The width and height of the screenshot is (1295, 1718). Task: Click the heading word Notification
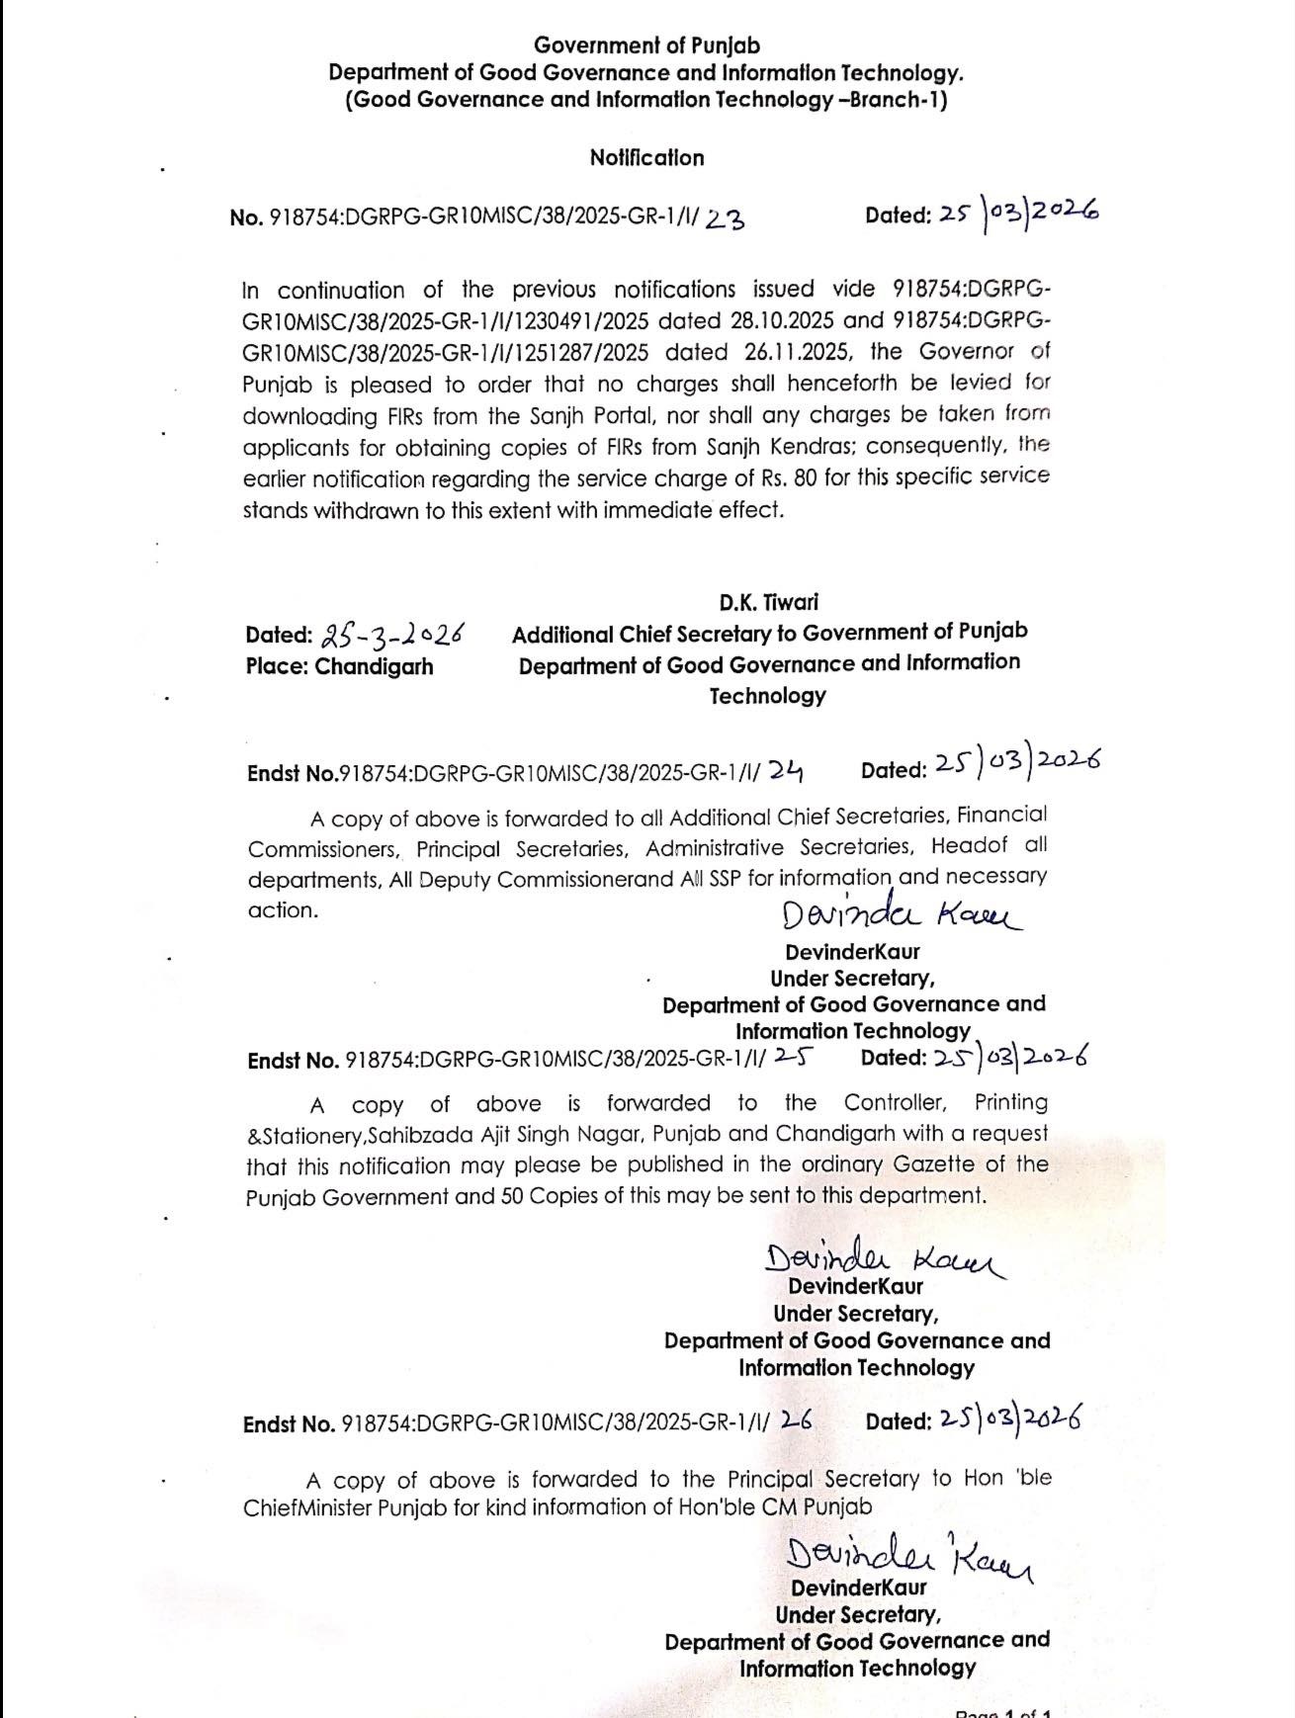tap(647, 158)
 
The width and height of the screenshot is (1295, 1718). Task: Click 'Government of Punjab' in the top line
tap(647, 45)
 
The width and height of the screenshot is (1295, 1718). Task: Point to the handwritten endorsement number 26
tap(796, 1421)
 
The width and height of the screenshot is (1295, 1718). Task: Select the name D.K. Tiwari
tap(768, 602)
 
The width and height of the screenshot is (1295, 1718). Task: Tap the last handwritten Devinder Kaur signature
tap(908, 1558)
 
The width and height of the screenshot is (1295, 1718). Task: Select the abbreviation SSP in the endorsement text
tap(722, 879)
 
